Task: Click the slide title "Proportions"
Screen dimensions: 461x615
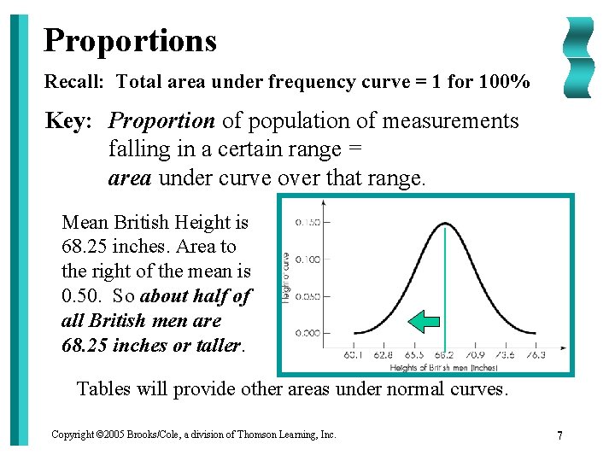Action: click(x=130, y=40)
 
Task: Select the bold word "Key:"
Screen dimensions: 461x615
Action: click(x=68, y=121)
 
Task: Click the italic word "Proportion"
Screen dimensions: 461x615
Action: click(x=162, y=121)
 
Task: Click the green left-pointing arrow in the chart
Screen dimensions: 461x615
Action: click(x=424, y=321)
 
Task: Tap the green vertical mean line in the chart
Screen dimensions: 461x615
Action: click(x=445, y=282)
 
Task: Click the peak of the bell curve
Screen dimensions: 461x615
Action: click(x=445, y=224)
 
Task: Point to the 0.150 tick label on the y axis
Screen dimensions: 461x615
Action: click(x=307, y=223)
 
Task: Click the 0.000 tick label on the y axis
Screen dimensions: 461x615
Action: click(x=307, y=333)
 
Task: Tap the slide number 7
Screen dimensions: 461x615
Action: click(x=559, y=435)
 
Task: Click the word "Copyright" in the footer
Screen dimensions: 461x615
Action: click(x=71, y=435)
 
